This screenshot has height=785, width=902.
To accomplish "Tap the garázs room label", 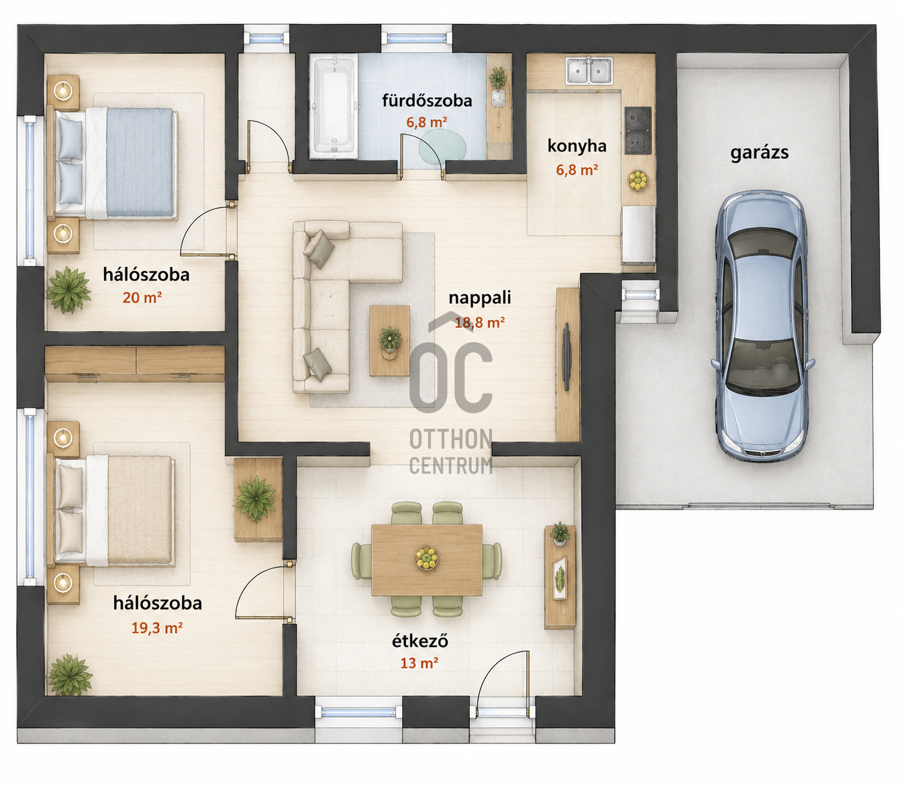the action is click(759, 153).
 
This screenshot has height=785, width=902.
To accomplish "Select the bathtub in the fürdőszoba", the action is click(334, 106).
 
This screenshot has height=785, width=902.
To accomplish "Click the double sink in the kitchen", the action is click(589, 70).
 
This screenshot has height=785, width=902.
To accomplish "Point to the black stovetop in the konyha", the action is click(638, 130).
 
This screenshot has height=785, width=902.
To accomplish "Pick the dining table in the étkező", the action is click(427, 560).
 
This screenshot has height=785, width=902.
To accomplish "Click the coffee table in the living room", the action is click(389, 340).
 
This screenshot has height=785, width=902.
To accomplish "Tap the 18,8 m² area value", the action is click(480, 323).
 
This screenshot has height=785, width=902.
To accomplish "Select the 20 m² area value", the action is click(142, 297).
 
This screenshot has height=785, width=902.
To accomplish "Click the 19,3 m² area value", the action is click(157, 627).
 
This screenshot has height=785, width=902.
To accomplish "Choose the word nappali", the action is click(480, 298).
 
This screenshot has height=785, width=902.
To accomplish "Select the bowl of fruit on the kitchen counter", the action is click(638, 180).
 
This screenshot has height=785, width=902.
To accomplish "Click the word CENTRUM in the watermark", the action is click(450, 466).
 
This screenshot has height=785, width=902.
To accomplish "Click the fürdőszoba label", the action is click(427, 101).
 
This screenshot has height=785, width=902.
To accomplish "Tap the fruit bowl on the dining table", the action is click(426, 558).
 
